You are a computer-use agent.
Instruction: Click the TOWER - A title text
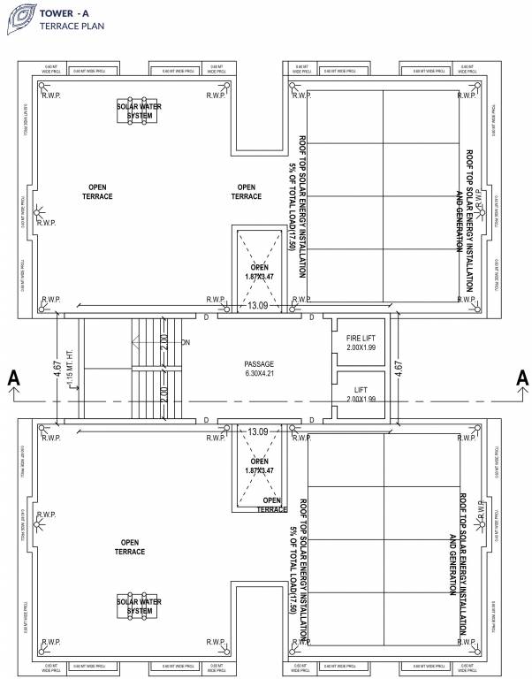coord(64,13)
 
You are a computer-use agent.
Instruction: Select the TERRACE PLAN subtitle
coord(70,27)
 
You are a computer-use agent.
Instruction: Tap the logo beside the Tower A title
coord(18,19)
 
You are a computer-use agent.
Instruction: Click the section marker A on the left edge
coord(13,378)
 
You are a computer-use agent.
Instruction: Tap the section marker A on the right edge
coord(521,378)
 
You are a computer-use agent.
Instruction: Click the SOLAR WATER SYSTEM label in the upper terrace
coord(140,111)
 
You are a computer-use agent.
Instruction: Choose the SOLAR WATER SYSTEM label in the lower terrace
coord(140,606)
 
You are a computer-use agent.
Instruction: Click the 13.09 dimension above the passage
coord(258,306)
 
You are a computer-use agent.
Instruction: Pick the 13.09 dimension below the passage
coord(258,431)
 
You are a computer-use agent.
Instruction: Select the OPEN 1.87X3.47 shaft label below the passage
coord(259,466)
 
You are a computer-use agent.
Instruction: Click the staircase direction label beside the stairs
coord(186,342)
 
